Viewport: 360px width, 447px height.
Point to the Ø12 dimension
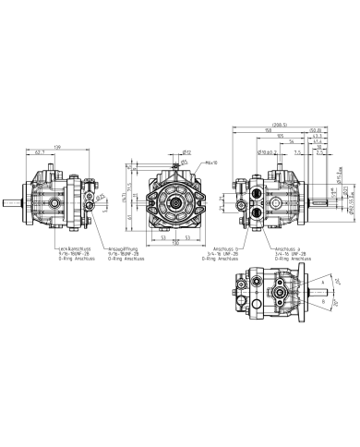pos(186,152)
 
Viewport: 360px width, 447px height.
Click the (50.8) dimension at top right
pos(315,130)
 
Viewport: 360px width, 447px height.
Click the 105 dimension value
pos(280,136)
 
